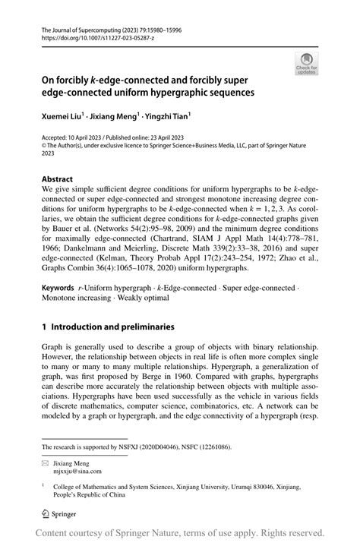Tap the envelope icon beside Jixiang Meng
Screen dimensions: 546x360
(46, 462)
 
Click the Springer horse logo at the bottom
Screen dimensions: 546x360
(46, 513)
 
